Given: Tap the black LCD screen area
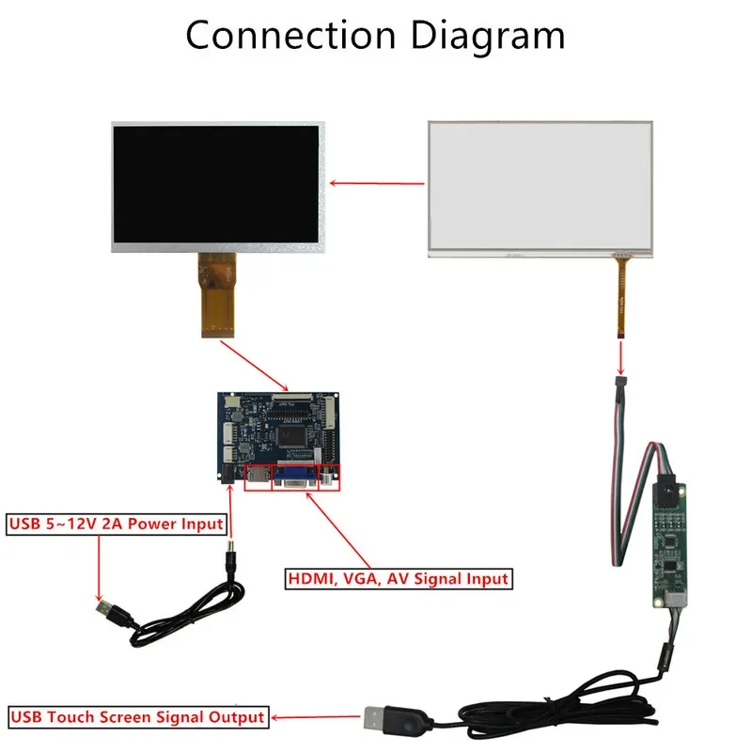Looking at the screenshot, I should tap(216, 184).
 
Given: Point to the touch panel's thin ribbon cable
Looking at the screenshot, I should tap(621, 297).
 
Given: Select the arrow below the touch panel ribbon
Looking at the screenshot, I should tap(621, 358).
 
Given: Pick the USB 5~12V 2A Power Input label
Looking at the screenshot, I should tap(117, 524).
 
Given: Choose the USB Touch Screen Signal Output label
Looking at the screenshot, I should tap(137, 716).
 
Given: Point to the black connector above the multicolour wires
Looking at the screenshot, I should tap(621, 384).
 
